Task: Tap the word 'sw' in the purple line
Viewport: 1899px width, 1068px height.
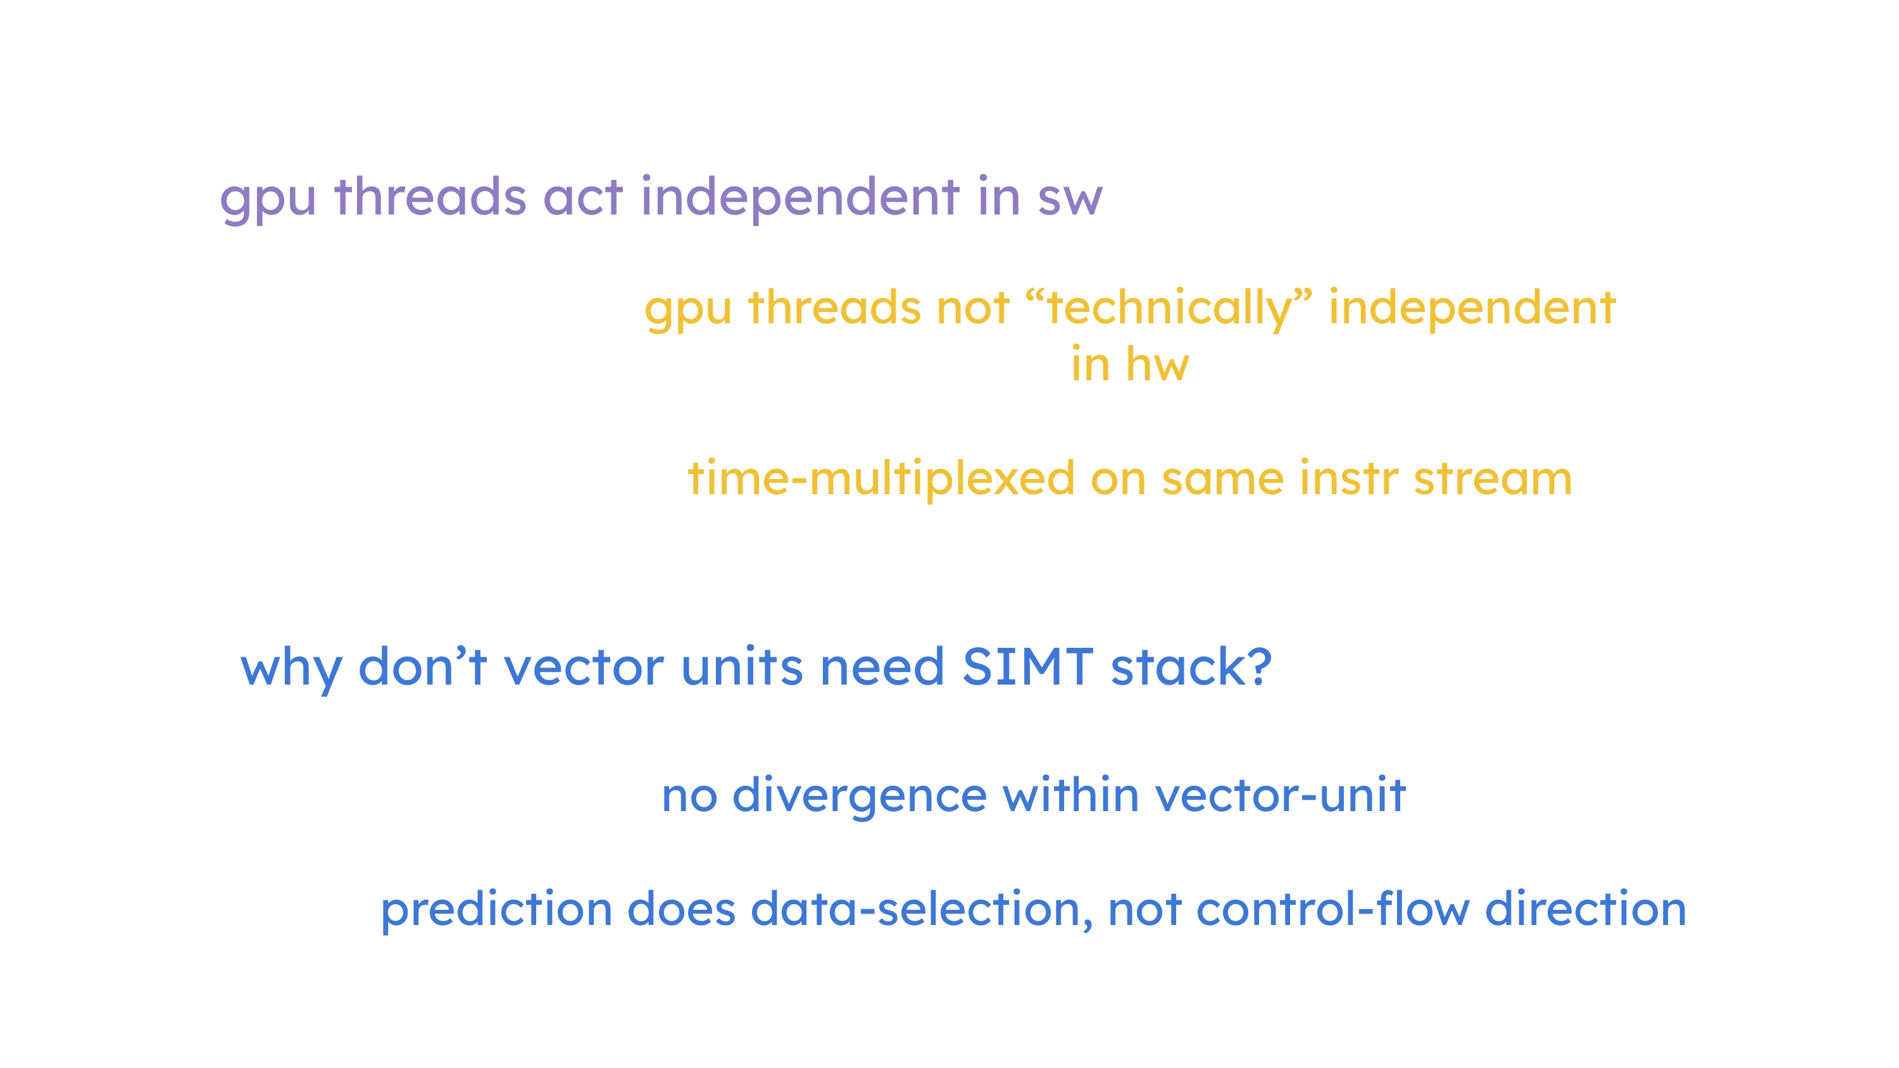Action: point(1070,200)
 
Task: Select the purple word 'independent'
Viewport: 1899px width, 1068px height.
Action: point(801,197)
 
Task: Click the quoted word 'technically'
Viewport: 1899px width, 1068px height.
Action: point(1169,307)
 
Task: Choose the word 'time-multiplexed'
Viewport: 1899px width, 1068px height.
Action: point(881,479)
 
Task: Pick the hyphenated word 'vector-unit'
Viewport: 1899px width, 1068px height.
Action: point(1281,796)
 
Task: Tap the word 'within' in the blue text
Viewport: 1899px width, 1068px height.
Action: point(1071,795)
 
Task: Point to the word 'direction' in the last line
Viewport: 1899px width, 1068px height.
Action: point(1586,908)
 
